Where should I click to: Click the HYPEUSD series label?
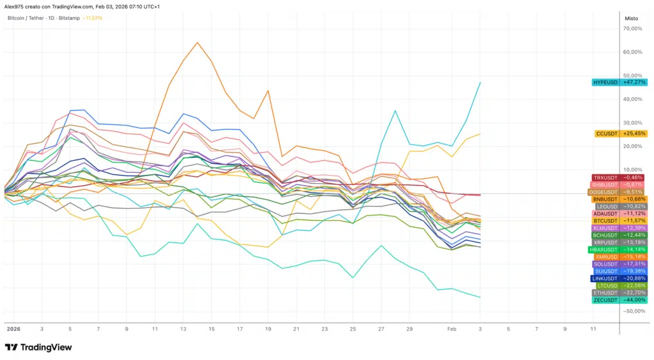(x=605, y=82)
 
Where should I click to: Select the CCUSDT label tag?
(x=605, y=133)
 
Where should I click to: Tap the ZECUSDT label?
(x=605, y=299)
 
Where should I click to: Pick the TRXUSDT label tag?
(x=605, y=177)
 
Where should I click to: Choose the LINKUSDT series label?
(x=605, y=278)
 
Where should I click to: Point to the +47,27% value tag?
(x=634, y=82)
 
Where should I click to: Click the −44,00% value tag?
(x=634, y=299)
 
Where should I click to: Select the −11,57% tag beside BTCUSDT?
(x=634, y=221)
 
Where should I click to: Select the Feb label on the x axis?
(x=452, y=329)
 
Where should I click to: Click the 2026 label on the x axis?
(x=13, y=329)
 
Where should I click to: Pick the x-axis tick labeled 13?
(x=183, y=329)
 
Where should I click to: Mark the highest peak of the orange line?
(x=197, y=43)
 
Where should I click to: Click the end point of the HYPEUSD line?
(x=480, y=82)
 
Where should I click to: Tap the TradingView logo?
(x=38, y=347)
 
